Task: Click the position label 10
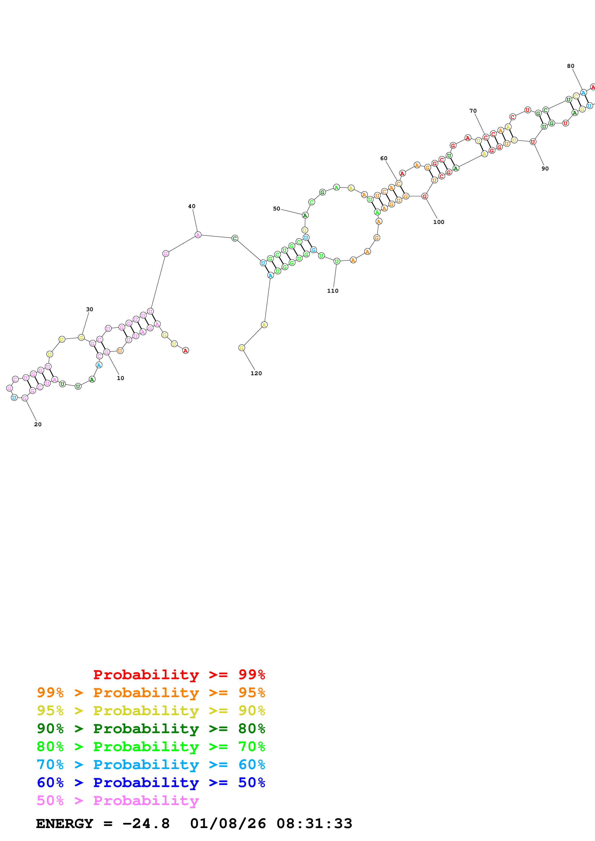tap(120, 378)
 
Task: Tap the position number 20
tap(38, 424)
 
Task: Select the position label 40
tap(192, 206)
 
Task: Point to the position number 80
tap(571, 66)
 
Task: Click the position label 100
tap(439, 222)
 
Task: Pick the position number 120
tap(256, 373)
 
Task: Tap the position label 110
tap(332, 291)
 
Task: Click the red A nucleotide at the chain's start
tap(186, 350)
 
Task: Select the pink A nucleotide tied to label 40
tap(198, 235)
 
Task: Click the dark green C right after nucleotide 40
tap(235, 239)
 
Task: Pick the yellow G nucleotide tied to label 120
tap(242, 348)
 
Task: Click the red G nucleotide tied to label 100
tap(425, 196)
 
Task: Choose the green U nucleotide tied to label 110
tap(337, 261)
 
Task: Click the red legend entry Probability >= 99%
tap(179, 675)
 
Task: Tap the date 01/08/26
tap(228, 824)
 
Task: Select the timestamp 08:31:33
tap(314, 824)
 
